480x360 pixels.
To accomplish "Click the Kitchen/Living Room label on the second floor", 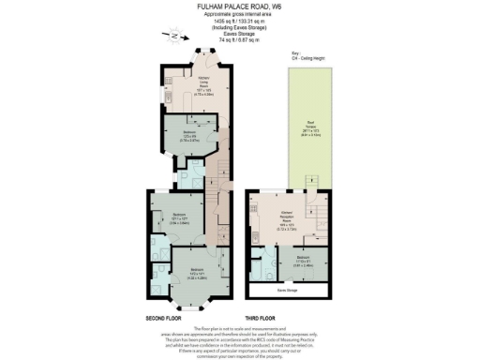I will click(202, 85).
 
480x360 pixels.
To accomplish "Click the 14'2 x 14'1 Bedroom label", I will click(187, 275).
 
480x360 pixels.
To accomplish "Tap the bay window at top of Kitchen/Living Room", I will click(200, 55).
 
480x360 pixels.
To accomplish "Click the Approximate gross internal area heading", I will click(239, 14).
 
